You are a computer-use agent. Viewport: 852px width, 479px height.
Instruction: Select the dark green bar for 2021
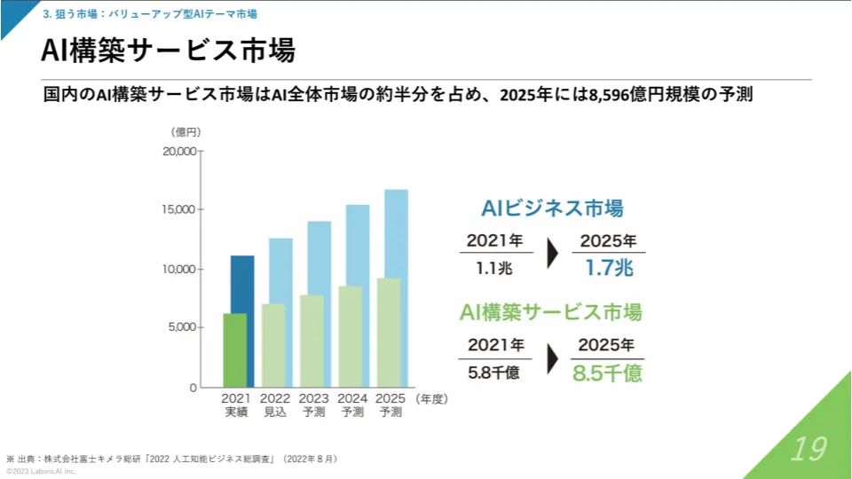point(234,350)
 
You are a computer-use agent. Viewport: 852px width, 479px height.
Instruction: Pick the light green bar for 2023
point(312,341)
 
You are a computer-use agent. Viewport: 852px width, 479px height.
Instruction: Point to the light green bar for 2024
point(351,336)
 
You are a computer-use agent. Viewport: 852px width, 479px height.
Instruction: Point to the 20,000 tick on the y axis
point(179,151)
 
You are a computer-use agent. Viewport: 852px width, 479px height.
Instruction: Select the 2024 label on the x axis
point(352,399)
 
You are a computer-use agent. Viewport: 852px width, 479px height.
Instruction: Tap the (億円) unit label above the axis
point(185,131)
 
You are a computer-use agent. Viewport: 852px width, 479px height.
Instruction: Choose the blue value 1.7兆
point(609,266)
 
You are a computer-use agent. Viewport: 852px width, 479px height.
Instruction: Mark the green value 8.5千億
point(607,373)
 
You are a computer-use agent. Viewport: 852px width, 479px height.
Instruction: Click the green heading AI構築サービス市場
point(551,312)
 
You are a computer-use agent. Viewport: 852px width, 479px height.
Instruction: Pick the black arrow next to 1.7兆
point(553,254)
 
